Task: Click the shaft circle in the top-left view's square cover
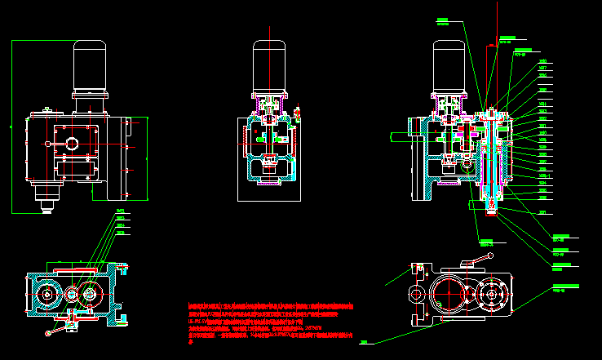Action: point(72,144)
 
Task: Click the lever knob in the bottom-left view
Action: point(51,332)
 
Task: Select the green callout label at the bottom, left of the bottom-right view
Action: point(364,342)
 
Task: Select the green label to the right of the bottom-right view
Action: point(564,287)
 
